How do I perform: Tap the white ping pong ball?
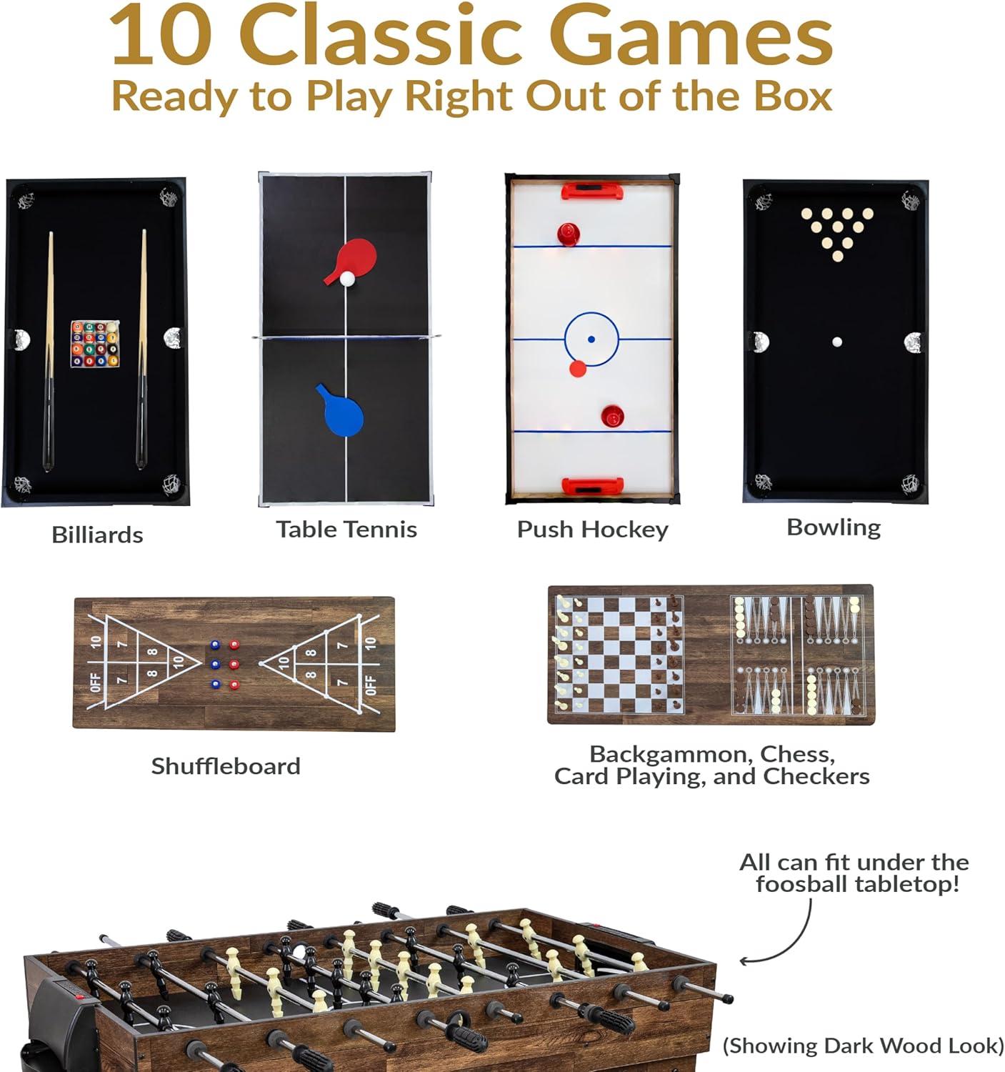point(347,279)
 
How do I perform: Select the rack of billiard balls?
point(94,344)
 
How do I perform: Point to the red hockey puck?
point(578,368)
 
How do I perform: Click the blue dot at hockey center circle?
point(591,339)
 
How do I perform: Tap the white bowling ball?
point(836,342)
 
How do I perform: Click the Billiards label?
point(97,535)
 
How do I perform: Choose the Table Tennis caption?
point(346,530)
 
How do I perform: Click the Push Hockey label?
point(592,530)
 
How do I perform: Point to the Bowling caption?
point(834,527)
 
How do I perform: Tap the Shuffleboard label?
point(226,766)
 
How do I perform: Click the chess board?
point(619,655)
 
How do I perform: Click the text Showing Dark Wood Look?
point(864,1046)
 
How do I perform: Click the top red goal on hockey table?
point(592,192)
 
